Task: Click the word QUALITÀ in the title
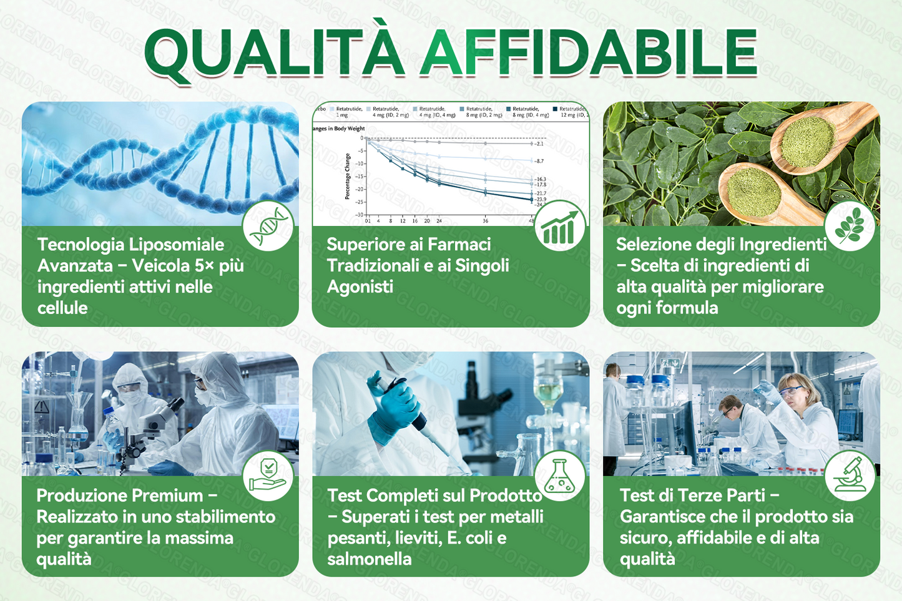click(275, 53)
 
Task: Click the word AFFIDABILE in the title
click(589, 53)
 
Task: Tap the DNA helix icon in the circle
click(268, 226)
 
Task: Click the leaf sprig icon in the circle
click(850, 226)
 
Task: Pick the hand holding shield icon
click(268, 476)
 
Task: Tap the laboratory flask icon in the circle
click(560, 476)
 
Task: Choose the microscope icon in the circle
click(850, 476)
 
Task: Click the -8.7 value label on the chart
click(539, 161)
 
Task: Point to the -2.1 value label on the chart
click(539, 144)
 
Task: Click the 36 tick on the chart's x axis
click(485, 221)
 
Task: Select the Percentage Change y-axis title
click(348, 177)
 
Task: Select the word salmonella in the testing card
click(370, 559)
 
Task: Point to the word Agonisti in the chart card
click(360, 286)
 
